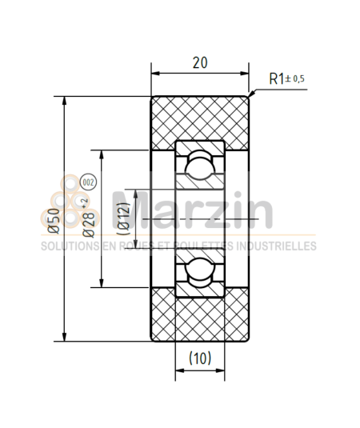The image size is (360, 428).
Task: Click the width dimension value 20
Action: (x=202, y=62)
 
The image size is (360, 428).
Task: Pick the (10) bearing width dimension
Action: (x=200, y=359)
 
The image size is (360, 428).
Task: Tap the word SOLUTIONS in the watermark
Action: (x=68, y=246)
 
